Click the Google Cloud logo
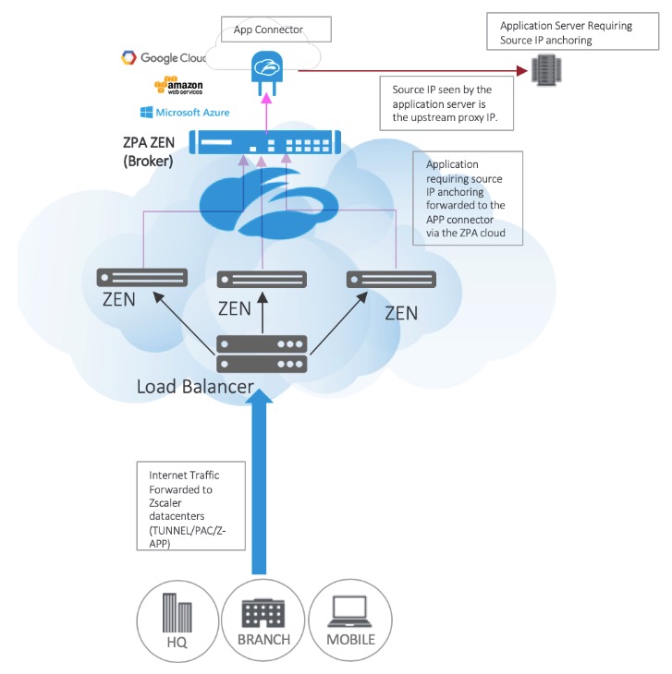pyautogui.click(x=163, y=58)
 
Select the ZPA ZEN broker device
pyautogui.click(x=265, y=143)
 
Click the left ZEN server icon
pyautogui.click(x=142, y=277)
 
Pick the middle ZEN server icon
pyautogui.click(x=261, y=280)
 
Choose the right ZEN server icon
pyautogui.click(x=391, y=278)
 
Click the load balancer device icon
pyautogui.click(x=262, y=355)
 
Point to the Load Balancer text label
pyautogui.click(x=195, y=386)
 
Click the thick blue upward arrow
pyautogui.click(x=263, y=480)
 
